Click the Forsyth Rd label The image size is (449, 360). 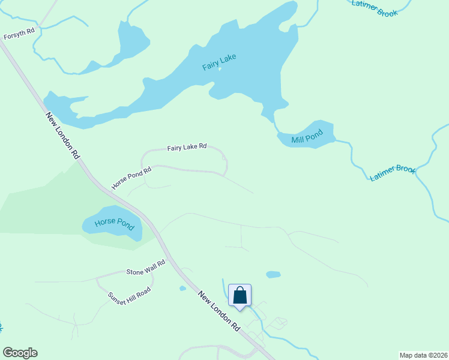[x=19, y=33]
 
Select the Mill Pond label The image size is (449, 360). [x=307, y=136]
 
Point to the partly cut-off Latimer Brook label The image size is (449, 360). [x=375, y=7]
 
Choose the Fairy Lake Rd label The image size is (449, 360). [x=187, y=147]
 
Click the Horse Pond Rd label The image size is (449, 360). [x=131, y=178]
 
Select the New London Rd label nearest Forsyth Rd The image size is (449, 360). [x=62, y=136]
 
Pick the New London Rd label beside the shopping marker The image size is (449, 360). [x=220, y=311]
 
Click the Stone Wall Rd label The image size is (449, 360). [x=145, y=268]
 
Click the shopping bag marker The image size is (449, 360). [x=240, y=296]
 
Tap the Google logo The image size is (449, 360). [x=20, y=353]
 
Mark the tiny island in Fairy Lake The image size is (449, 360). [x=220, y=69]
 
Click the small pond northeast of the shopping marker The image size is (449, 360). [x=273, y=275]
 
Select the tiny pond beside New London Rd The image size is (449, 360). [x=182, y=289]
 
